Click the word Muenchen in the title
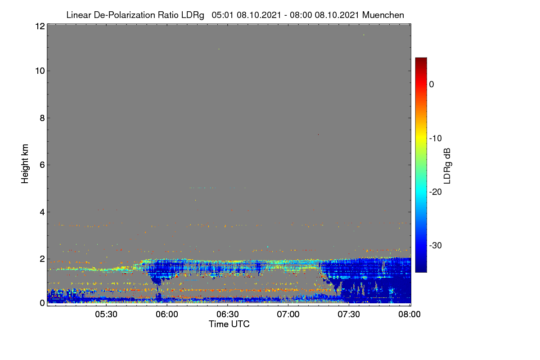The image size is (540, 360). tap(383, 15)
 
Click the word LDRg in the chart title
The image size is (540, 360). tap(193, 15)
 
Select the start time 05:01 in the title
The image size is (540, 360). tap(222, 15)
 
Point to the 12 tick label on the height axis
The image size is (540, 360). tap(40, 26)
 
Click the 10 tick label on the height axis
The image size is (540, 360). tap(40, 71)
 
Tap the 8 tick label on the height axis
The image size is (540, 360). tap(42, 118)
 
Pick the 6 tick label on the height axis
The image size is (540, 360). tap(42, 165)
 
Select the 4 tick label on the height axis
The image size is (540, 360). tap(42, 212)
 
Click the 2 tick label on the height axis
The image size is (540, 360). tap(42, 259)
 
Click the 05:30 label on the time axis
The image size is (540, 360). tap(106, 315)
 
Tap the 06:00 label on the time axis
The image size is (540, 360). tap(167, 315)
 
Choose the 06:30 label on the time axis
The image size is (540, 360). tap(228, 315)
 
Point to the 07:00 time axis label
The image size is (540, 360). tap(288, 315)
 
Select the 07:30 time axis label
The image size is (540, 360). tap(349, 315)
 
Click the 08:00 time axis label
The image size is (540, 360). tap(409, 315)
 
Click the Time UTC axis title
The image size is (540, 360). tap(229, 324)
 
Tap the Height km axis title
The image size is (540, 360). tap(25, 164)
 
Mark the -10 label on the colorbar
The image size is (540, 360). tap(436, 139)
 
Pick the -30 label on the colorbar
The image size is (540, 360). tap(436, 245)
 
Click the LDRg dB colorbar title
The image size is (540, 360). tap(447, 166)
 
